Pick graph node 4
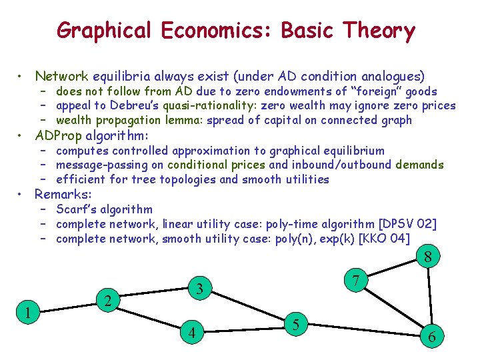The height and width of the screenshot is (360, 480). coord(192,332)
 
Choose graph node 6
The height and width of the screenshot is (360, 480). coord(432,337)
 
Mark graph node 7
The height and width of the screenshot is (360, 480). coord(357,281)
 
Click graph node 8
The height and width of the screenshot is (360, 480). coord(429,257)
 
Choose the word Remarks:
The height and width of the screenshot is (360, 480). coord(63,195)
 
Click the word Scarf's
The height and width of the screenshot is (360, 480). coord(77,209)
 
